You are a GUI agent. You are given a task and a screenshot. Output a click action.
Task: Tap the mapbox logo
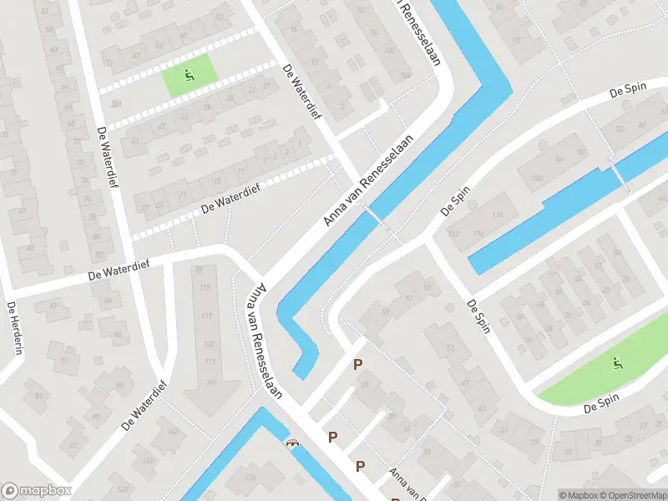coord(37,491)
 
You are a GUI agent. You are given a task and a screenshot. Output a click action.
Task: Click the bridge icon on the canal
coord(291,444)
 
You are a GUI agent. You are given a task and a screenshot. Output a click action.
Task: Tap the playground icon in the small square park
coord(190,75)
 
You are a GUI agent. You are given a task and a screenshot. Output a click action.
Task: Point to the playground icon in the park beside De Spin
coord(618,362)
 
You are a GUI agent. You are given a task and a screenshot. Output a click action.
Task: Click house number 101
coord(210,382)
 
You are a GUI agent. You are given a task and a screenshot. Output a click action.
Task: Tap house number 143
coord(173,431)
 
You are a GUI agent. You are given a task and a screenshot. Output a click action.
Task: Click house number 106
coord(250,477)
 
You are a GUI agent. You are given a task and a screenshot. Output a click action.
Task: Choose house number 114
coord(498,215)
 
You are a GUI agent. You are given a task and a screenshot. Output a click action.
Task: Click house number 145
coord(148,461)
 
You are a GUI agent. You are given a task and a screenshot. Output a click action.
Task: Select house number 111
coord(210,362)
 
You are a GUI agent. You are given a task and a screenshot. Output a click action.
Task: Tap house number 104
coord(404,75)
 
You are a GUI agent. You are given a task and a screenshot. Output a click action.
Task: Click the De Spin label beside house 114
coord(456,200)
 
